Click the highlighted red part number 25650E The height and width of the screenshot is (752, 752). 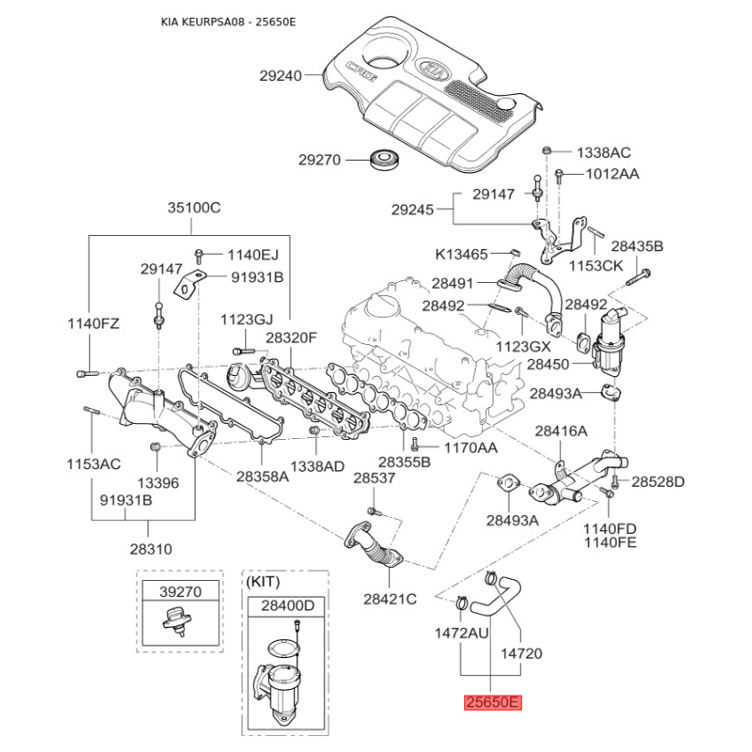491,702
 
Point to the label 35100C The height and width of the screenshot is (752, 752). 194,207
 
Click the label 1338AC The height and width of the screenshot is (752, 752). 603,152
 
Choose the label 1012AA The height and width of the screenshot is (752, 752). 612,174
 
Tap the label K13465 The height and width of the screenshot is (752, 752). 462,254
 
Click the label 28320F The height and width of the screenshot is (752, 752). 291,337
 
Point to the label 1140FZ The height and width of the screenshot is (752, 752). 93,324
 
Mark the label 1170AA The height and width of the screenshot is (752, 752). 470,447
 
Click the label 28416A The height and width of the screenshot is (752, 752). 561,431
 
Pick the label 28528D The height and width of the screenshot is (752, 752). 658,482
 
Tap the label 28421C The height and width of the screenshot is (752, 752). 390,599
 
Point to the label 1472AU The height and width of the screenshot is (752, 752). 461,633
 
